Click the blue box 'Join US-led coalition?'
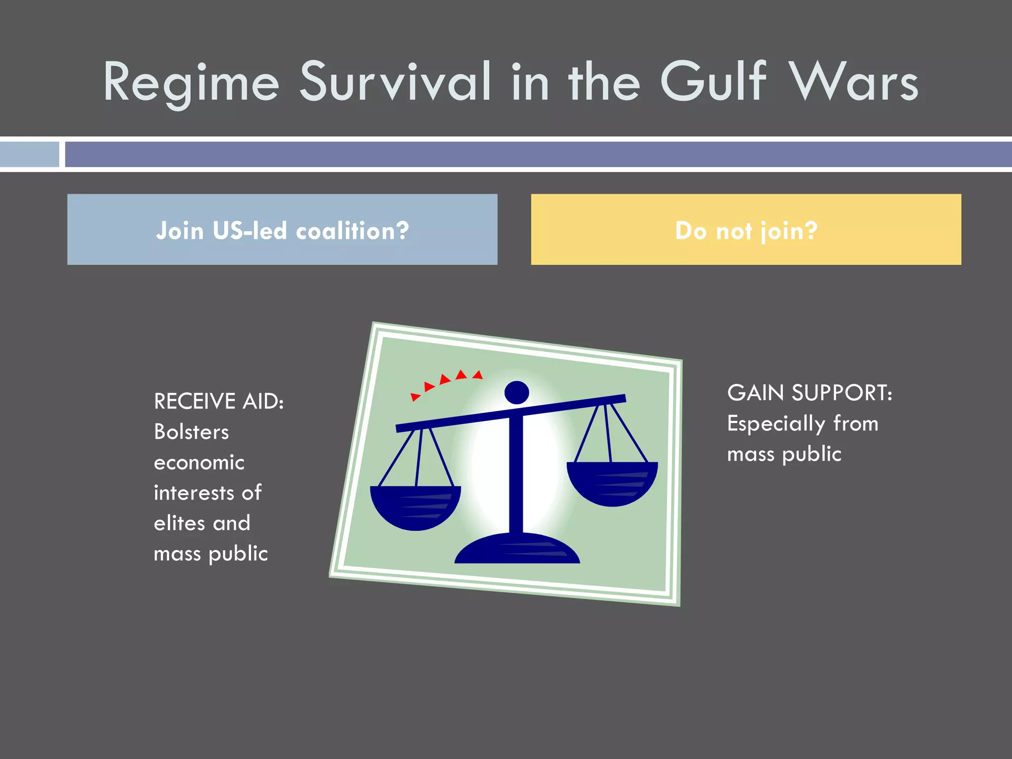coord(282,230)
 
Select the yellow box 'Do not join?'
coord(746,230)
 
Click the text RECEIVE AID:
coord(219,401)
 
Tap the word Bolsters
coord(191,432)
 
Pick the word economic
coord(199,463)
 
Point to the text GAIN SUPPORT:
coord(809,393)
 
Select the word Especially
coord(776,424)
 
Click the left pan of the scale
coord(415,506)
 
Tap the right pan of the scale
coord(612,482)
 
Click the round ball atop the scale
coord(517,393)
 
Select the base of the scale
coord(517,549)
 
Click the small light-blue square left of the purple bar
coord(29,154)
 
